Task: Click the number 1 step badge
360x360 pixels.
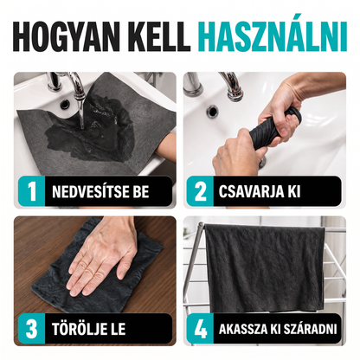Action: [31, 191]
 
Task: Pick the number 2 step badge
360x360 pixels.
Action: [200, 191]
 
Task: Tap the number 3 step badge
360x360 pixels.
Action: [31, 329]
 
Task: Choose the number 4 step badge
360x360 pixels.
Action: [200, 329]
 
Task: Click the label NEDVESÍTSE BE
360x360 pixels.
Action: [100, 191]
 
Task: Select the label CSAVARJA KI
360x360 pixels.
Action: [260, 191]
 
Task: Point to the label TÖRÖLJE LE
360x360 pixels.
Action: [89, 329]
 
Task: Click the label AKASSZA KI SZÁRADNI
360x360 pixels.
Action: [278, 329]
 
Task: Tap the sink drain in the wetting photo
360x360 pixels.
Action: [65, 104]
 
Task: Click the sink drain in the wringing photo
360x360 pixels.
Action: [213, 111]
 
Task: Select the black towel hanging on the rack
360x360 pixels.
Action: [265, 268]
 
